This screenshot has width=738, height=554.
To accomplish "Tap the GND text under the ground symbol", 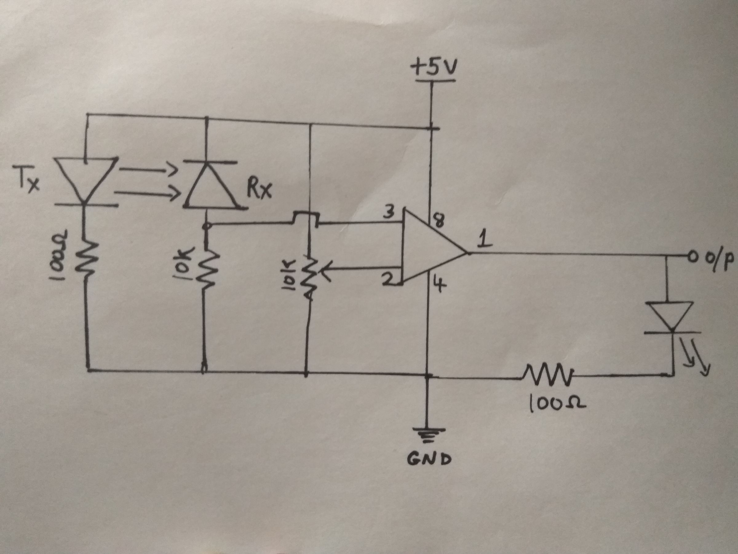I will pyautogui.click(x=429, y=460).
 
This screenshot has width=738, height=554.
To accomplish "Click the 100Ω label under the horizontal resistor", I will pyautogui.click(x=557, y=405).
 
